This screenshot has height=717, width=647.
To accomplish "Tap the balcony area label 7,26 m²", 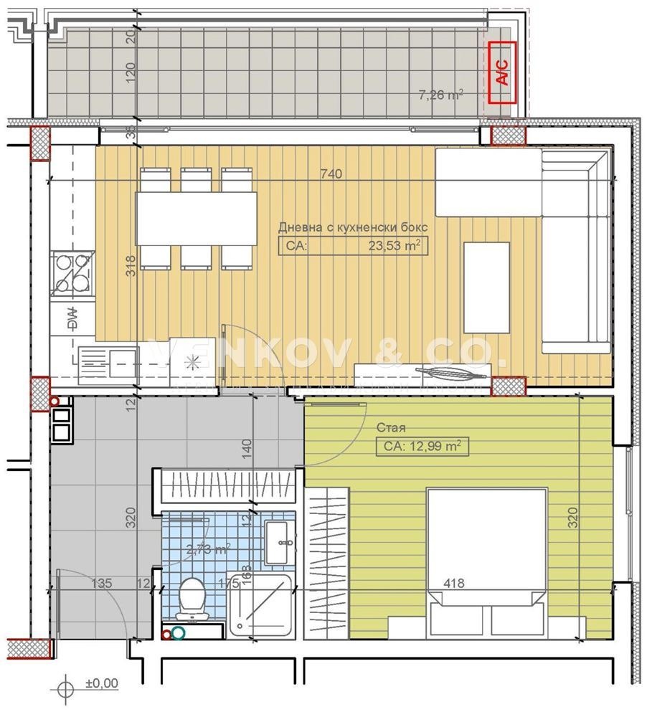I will coord(440,94).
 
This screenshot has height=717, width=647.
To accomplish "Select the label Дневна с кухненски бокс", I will coord(352,227).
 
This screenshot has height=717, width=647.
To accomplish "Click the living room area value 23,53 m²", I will coord(394,246).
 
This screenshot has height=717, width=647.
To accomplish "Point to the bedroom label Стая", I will coord(391,427).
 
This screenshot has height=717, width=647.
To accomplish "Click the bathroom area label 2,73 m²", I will coord(208,550).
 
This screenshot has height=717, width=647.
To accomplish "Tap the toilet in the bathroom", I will coord(192,597).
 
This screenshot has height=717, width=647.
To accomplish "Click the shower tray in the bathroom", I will coord(262,606).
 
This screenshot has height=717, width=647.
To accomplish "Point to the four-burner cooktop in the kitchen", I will coord(73,273).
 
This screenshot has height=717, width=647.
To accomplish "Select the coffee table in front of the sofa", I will coord(486,287).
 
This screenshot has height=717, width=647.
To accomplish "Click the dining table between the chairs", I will coord(197,218).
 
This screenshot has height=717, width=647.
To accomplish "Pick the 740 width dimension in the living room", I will coord(331,174).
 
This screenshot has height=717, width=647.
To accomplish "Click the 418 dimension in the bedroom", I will coord(454,583).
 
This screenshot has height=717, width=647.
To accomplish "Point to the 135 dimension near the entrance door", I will coord(101,583).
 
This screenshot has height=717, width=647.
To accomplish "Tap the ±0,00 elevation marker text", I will coord(101,683).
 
